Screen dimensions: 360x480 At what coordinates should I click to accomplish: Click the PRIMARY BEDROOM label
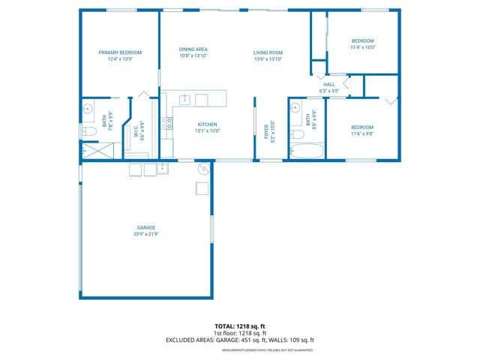[x=120, y=52]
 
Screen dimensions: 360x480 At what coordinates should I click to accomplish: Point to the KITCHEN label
[x=207, y=124]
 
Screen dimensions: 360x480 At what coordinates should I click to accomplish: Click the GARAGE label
[x=145, y=227]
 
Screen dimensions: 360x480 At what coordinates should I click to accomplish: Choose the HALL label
[x=329, y=85]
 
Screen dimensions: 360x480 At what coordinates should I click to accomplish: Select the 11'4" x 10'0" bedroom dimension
[x=363, y=46]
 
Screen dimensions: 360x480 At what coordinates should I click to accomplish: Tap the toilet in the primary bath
[x=86, y=133]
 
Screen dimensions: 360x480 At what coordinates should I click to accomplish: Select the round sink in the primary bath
[x=87, y=108]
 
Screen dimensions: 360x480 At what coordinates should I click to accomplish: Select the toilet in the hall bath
[x=297, y=136]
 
